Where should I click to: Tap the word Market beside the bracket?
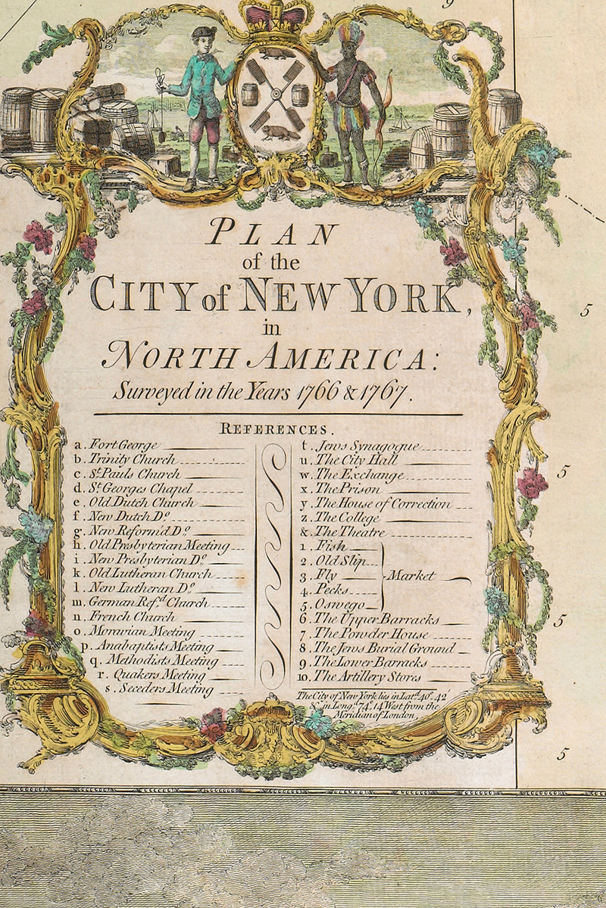click(x=412, y=576)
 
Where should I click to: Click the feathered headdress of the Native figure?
click(x=351, y=34)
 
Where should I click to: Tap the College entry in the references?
click(x=348, y=518)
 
